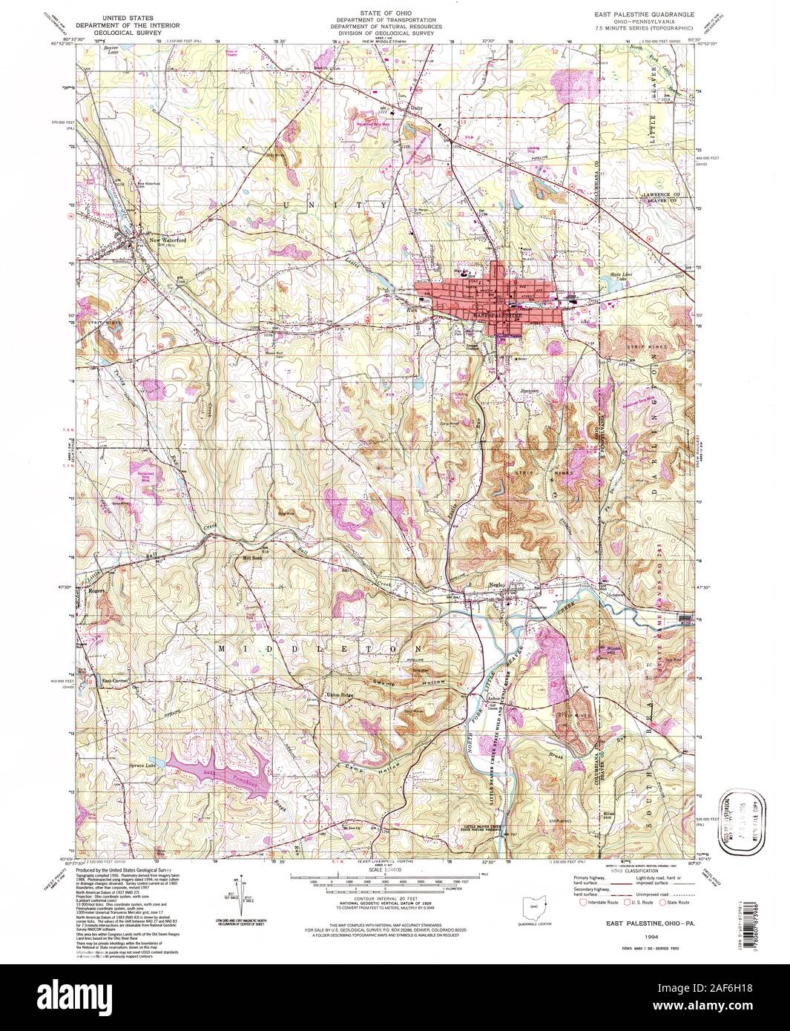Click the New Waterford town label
[165, 240]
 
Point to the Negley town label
[498, 584]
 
